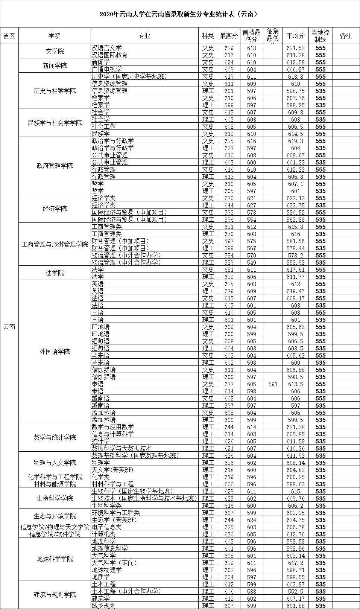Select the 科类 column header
coord(208,36)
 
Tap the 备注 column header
coord(346,36)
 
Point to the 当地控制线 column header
coord(321,36)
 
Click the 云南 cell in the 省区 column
coord(9,327)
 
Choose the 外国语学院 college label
coord(55,352)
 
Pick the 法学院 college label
coord(55,273)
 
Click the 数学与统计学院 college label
coord(55,437)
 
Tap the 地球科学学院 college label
coord(55,559)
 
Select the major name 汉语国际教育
coord(109,55)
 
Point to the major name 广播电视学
coord(106,69)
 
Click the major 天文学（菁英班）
coord(112,470)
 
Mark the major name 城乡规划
coord(103,606)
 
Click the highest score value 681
coord(229,269)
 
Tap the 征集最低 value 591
coord(272,384)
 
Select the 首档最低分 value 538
coord(251,591)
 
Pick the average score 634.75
coord(295,520)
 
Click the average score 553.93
coord(295,262)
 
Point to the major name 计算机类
coord(103,534)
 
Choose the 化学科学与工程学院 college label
coord(55,477)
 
